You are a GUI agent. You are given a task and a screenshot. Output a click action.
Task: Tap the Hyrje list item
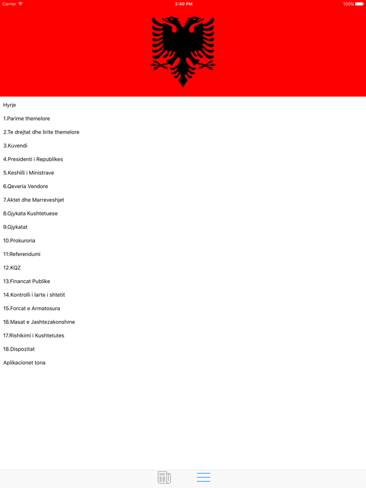10,105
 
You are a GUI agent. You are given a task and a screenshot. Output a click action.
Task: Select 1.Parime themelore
27,119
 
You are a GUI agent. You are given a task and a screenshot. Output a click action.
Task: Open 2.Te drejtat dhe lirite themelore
41,132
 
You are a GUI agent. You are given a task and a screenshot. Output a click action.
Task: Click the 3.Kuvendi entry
15,146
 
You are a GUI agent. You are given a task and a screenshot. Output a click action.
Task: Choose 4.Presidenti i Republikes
33,159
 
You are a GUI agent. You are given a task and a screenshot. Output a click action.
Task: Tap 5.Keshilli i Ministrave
29,173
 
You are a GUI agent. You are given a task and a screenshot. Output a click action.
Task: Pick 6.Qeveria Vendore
25,186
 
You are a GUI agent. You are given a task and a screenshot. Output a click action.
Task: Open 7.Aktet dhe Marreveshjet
34,200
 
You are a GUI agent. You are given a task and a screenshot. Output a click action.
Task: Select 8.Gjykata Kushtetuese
30,213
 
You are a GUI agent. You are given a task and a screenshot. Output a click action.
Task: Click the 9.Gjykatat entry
15,227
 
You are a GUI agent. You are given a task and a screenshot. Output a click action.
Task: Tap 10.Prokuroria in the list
19,241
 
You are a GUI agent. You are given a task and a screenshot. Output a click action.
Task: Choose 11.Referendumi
22,254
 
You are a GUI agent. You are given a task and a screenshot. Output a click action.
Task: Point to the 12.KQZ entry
12,268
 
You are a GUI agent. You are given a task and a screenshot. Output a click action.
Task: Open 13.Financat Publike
27,281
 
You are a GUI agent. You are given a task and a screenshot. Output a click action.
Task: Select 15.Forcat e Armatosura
32,308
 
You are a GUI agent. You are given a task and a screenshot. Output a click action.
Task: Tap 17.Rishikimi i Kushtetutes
34,335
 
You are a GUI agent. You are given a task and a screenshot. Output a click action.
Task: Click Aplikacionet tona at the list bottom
24,363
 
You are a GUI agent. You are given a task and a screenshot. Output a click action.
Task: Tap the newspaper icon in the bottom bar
164,477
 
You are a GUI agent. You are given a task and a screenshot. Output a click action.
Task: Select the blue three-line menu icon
203,477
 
